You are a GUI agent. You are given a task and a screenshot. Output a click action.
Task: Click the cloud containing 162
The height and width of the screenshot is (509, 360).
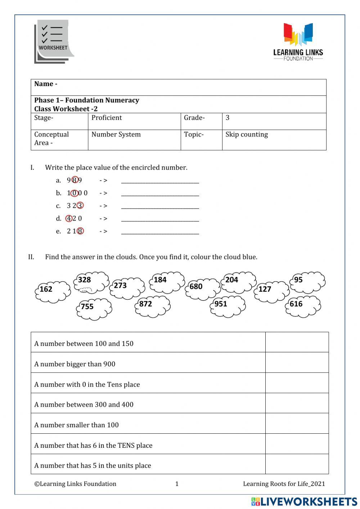53,291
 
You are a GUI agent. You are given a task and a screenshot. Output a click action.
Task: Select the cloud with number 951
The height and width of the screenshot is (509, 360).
228,306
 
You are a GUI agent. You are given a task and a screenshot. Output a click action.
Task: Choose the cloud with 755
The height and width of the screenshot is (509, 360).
94,309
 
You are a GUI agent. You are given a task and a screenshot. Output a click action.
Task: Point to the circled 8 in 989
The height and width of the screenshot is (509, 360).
75,180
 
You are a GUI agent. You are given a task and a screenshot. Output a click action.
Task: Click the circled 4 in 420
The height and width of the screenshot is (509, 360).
69,218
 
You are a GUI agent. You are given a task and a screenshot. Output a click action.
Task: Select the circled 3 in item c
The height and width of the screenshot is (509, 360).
80,206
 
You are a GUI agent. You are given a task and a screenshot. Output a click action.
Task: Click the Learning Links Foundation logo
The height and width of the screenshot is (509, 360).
298,42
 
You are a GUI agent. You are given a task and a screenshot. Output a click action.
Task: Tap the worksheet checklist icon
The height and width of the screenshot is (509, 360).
53,42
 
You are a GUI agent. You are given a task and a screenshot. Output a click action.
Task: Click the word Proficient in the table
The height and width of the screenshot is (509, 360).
107,118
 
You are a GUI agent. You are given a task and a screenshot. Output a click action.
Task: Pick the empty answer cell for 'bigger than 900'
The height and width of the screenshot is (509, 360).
297,362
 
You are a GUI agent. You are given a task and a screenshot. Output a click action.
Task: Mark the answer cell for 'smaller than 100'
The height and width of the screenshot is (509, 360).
297,423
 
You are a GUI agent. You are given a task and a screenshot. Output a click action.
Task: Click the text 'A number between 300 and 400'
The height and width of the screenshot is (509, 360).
84,405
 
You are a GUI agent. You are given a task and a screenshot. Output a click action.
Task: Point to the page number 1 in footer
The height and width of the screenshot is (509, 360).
177,484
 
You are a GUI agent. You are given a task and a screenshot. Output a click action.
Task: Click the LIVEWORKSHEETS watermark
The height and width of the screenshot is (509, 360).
304,501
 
